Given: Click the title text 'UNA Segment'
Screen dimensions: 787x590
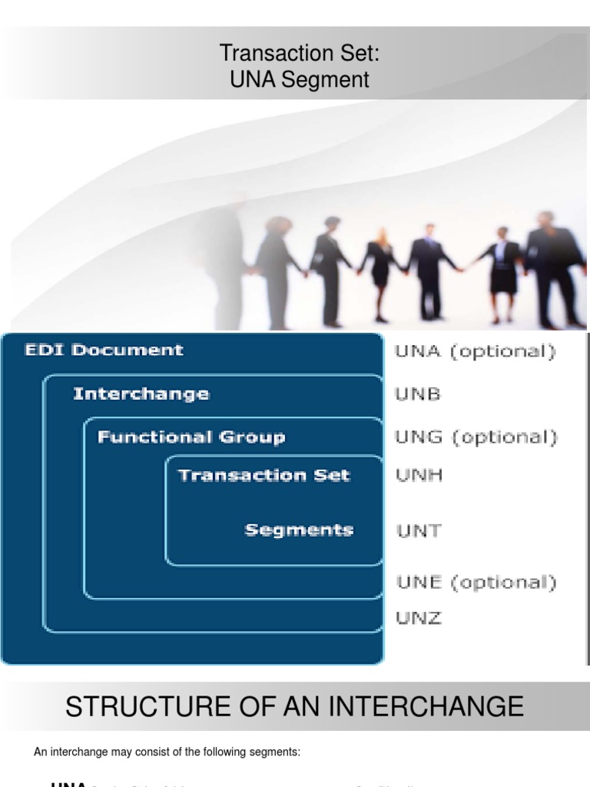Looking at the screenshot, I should (300, 79).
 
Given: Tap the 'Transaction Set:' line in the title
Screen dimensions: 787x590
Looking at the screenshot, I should (300, 53).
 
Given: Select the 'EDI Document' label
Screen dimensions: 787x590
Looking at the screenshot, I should (104, 350).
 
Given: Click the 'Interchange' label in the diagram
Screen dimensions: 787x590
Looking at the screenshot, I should (141, 394).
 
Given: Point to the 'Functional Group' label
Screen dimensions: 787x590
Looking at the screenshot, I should (191, 437).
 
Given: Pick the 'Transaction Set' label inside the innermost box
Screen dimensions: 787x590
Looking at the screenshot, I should (264, 475).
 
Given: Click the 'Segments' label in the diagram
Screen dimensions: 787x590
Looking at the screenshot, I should (299, 530).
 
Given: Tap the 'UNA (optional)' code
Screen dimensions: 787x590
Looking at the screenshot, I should (474, 352).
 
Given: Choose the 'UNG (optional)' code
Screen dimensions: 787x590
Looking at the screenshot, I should (476, 437).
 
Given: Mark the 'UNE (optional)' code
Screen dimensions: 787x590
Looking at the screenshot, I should (476, 582).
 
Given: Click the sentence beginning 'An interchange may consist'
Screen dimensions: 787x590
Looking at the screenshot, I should (167, 752).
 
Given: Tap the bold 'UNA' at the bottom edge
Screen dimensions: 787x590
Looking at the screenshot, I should (68, 782).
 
